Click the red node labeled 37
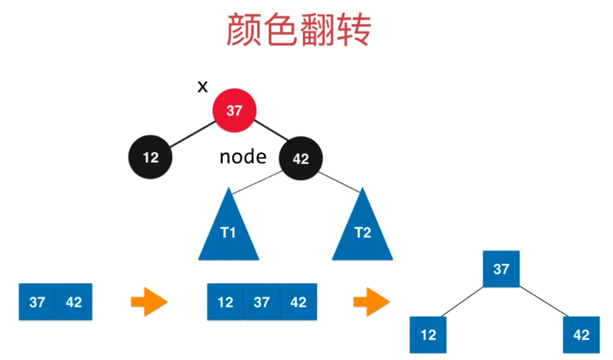pos(234,110)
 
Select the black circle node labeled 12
pos(150,157)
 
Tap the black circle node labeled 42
pos(300,158)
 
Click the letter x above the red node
pos(202,87)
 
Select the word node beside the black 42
pos(243,157)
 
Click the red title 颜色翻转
pos(298,30)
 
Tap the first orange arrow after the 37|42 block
pos(149,302)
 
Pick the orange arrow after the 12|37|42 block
pos(371,302)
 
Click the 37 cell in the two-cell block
pos(37,302)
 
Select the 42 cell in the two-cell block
pos(74,302)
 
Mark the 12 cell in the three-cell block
pos(225,302)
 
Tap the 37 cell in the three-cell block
pos(262,302)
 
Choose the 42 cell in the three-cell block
pos(299,302)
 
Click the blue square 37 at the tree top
pos(501,269)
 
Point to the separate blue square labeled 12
pos(428,335)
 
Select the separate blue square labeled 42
pos(581,335)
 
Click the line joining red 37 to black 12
pos(192,134)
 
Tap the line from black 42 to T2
pos(339,182)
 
